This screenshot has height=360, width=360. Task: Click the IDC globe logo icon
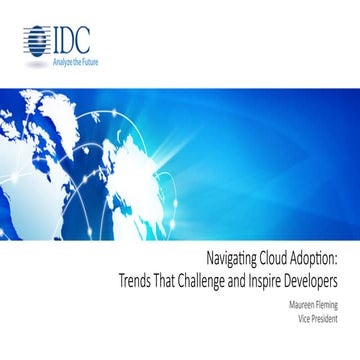pyautogui.click(x=34, y=41)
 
